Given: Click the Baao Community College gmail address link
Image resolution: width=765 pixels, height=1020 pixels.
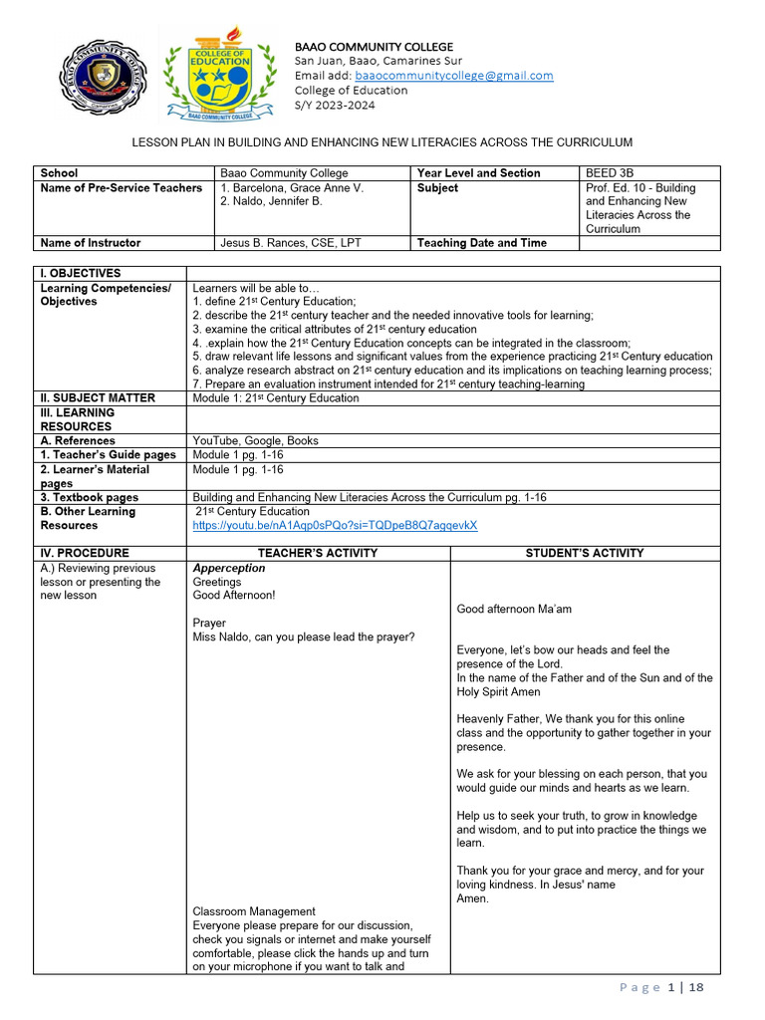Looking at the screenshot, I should pos(454,76).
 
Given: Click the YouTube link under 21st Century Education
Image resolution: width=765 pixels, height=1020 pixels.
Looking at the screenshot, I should pos(335,526).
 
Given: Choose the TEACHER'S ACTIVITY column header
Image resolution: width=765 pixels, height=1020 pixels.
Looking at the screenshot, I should pos(318,553).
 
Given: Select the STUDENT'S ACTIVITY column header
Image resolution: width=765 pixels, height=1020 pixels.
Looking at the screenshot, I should pos(585,553).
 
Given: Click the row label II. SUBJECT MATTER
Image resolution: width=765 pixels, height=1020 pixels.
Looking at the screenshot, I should pos(98,398).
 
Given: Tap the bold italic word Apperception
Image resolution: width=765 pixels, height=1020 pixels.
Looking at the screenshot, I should pos(229,569).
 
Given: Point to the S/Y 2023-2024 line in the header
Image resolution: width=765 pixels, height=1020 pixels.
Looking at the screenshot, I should pos(337,105).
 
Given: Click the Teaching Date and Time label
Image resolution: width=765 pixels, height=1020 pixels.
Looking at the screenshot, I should pos(481,243).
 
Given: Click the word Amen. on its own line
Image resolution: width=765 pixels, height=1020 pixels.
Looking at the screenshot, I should pos(473,898).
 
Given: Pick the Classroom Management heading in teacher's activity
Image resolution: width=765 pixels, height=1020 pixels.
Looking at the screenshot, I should pos(254,911).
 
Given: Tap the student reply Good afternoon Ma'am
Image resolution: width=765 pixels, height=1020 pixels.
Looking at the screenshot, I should pos(514,610).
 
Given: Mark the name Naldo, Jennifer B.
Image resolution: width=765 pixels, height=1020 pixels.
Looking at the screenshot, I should pos(274,202).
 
